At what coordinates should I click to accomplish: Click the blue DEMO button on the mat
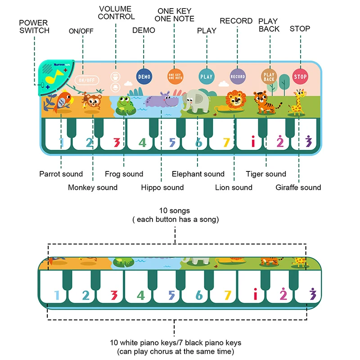pos(144,76)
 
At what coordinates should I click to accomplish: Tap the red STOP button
pos(300,76)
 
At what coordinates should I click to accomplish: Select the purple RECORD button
pos(238,76)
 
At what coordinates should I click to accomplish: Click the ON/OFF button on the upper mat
pos(86,80)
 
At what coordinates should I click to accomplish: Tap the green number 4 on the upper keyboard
pos(143,143)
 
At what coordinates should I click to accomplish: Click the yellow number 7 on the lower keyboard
pos(227,296)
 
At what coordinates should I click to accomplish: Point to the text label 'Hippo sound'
pos(162,187)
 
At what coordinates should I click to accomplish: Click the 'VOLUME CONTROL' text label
pos(116,13)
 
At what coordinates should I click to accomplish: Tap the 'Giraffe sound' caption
pos(298,187)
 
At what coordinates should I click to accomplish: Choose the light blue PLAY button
pos(206,76)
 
